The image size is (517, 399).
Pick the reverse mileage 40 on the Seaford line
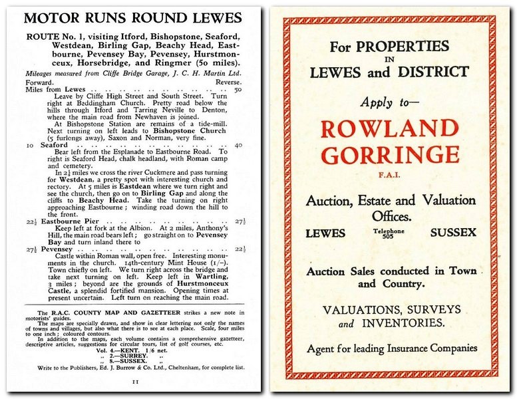coord(238,145)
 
